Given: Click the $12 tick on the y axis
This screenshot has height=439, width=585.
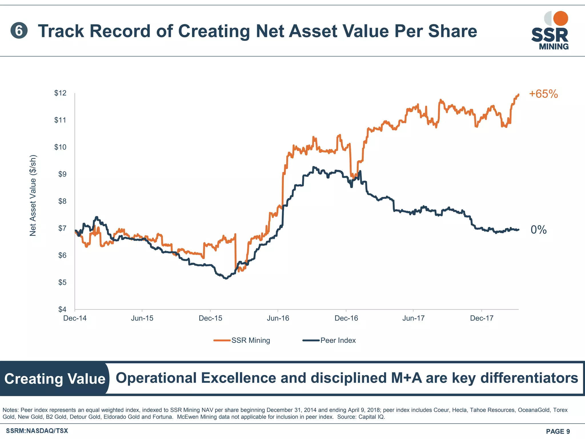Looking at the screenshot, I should click(60, 93).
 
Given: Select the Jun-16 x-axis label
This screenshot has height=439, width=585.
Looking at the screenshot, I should click(278, 318).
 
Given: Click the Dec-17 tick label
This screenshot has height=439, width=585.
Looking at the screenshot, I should click(482, 318).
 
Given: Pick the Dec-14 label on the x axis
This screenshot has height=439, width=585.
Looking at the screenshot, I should click(75, 318).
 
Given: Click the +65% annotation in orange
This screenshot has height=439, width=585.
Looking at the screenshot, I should click(543, 94).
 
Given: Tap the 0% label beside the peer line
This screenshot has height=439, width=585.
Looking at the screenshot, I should click(538, 230).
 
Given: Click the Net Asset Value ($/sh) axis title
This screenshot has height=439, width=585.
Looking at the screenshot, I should click(33, 195).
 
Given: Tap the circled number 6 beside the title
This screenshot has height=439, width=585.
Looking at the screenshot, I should click(19, 31).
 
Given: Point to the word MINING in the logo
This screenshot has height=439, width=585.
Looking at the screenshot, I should click(554, 47).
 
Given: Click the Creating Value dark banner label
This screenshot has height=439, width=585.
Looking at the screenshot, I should click(55, 379).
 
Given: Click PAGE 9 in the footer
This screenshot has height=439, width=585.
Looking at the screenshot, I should click(558, 431).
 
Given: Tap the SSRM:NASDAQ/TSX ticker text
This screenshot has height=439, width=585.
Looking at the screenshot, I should click(37, 431).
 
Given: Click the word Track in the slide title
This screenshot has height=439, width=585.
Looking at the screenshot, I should click(61, 31).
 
